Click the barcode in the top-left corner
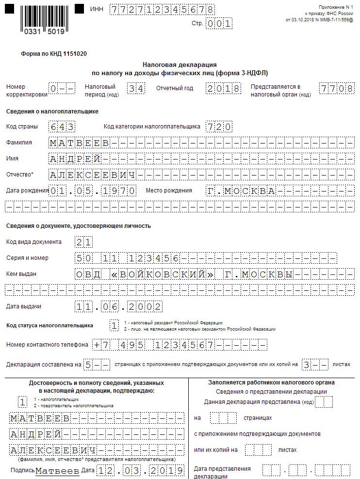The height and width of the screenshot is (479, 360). tap(42, 20)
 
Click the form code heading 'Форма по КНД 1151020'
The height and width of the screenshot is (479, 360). tap(54, 54)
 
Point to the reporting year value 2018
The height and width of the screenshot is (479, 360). tap(223, 89)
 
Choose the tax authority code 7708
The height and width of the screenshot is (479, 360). tap(336, 89)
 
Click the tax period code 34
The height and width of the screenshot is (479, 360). tap(135, 89)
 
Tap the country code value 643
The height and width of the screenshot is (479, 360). tap(62, 127)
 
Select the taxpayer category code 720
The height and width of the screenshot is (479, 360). tap(218, 127)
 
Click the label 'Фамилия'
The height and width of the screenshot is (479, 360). tap(19, 143)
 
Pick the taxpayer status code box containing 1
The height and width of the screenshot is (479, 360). tap(114, 326)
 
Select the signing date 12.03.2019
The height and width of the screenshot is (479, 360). tap(140, 471)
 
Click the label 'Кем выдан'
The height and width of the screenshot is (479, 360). tap(21, 274)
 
